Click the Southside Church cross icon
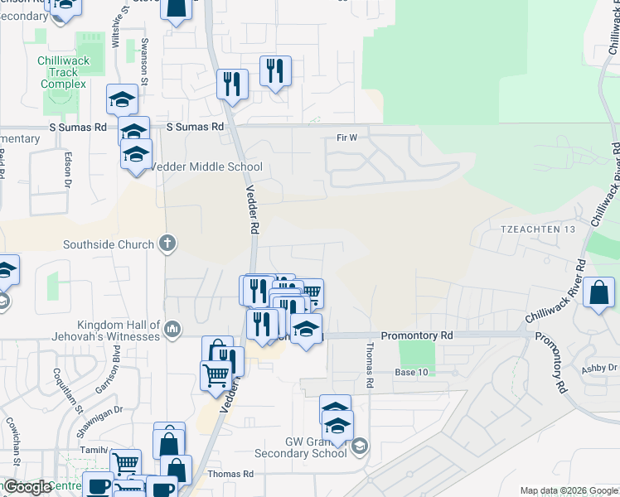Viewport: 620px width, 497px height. coord(167,244)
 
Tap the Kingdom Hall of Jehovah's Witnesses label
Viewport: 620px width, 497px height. coord(118,331)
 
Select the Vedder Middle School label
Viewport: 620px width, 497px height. coord(206,166)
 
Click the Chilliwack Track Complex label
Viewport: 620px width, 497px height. coord(62,72)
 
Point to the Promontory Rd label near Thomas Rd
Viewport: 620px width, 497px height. coord(417,335)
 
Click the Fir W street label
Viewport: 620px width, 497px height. coord(346,137)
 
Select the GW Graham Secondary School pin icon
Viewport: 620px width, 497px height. coord(360,447)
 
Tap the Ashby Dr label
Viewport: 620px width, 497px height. coord(600,368)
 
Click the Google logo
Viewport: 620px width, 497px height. coord(27,487)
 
